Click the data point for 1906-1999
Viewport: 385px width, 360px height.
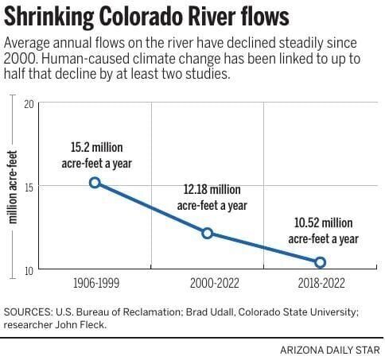click(x=95, y=183)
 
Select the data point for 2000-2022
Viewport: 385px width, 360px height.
click(x=208, y=233)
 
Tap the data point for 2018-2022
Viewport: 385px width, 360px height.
click(x=320, y=262)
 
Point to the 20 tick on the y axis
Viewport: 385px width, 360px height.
click(x=29, y=103)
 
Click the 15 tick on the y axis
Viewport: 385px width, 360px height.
click(x=29, y=186)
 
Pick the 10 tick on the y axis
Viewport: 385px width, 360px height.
click(x=29, y=269)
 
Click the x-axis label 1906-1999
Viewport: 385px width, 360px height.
click(x=95, y=283)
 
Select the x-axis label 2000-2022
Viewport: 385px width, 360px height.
click(x=208, y=283)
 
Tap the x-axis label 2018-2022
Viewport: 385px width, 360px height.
click(x=321, y=283)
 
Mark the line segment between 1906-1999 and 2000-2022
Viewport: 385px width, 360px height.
click(x=151, y=208)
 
